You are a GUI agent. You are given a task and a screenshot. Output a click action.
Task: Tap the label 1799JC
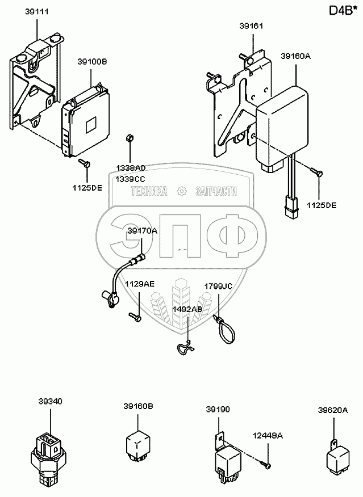[219, 287]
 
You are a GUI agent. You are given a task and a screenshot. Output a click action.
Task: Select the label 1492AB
[187, 309]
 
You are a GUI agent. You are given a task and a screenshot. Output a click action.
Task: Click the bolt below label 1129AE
[135, 317]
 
